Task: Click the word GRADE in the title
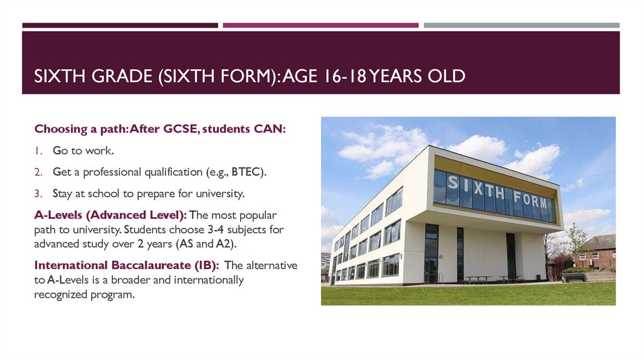click(x=114, y=77)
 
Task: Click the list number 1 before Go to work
click(x=38, y=151)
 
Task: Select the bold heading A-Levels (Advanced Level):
click(x=110, y=214)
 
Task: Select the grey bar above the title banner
click(x=521, y=26)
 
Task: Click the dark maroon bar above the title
click(x=120, y=26)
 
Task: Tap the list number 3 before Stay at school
click(x=38, y=193)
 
